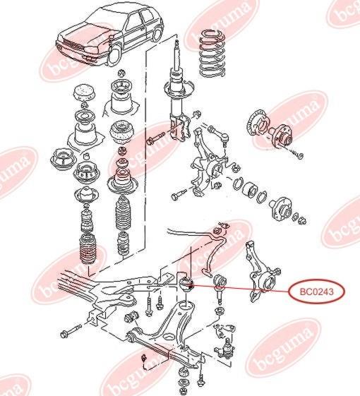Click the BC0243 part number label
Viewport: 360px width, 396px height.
coord(316,292)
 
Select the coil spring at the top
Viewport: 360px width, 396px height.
coord(212,53)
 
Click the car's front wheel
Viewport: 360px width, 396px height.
coord(114,56)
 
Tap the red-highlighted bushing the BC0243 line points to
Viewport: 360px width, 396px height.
coord(186,284)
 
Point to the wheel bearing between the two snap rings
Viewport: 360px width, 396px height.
coord(249,188)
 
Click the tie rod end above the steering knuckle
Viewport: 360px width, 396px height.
coord(220,134)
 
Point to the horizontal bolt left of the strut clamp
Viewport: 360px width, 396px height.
coord(155,137)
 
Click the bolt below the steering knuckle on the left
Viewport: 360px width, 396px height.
coord(179,195)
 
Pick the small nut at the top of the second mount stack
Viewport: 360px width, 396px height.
coord(121,73)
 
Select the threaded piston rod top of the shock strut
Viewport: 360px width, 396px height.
coord(177,53)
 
